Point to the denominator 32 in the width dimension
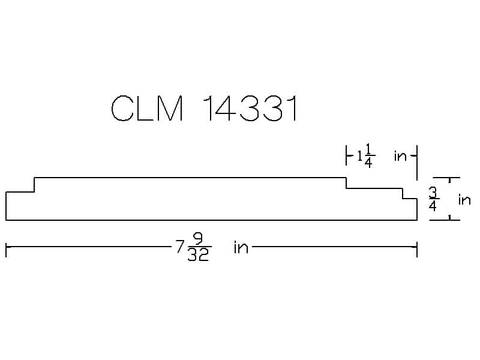tap(198, 256)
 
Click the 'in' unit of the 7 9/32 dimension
tap(241, 247)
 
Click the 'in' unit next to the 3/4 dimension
tap(464, 200)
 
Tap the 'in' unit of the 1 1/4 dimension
tap(400, 157)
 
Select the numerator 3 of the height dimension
tap(433, 192)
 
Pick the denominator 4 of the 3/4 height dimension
tap(433, 206)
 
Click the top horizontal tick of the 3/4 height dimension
tap(446, 178)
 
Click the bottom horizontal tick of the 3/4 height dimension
tap(446, 220)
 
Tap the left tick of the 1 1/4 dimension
tap(347, 157)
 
